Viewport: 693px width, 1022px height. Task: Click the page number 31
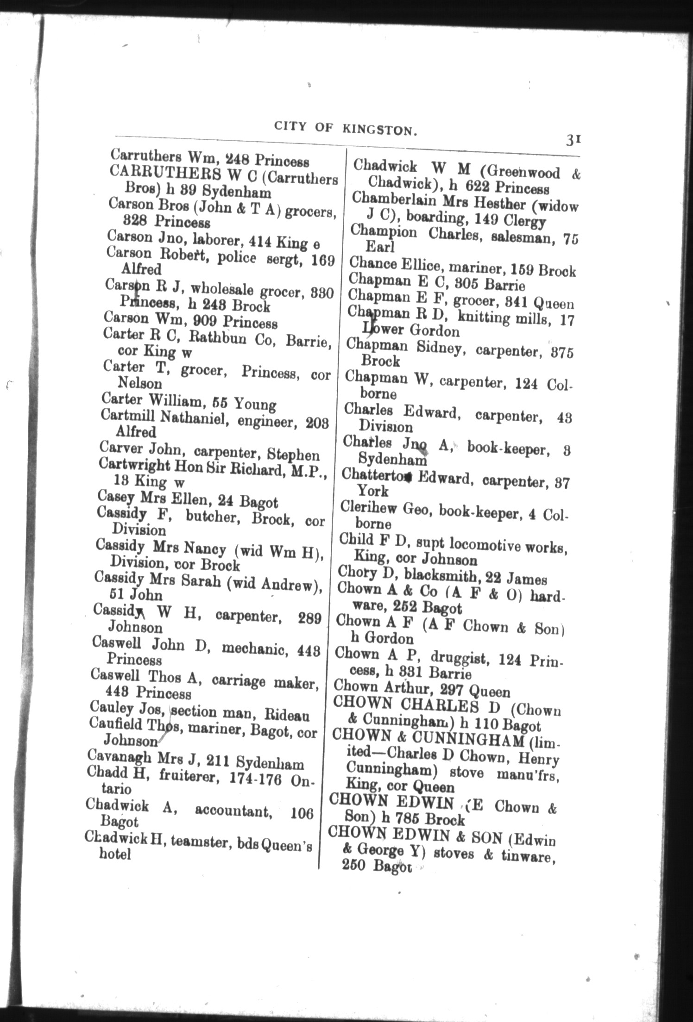point(573,139)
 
